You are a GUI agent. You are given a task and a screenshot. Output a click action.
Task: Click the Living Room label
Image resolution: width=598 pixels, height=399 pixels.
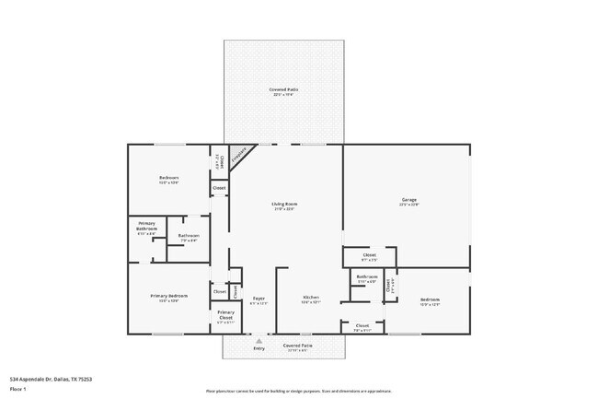(x=284, y=205)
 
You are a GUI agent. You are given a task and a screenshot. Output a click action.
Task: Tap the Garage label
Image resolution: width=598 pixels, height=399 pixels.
(x=409, y=200)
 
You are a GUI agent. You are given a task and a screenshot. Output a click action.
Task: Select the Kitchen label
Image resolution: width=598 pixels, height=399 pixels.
(x=311, y=297)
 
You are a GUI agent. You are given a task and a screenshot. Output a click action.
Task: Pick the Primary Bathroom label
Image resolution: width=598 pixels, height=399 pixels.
(x=147, y=226)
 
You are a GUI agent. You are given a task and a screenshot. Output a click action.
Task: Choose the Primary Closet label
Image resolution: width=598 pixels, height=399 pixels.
(x=225, y=314)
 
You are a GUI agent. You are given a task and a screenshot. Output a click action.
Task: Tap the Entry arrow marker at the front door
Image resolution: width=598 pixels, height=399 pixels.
(x=259, y=340)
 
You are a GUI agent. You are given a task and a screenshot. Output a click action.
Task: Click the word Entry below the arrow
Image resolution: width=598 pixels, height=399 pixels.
(x=259, y=347)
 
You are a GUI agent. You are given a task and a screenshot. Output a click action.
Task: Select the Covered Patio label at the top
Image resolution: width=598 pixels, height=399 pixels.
(x=283, y=89)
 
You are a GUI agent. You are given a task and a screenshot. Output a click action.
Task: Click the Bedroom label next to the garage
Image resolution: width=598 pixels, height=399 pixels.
(x=430, y=299)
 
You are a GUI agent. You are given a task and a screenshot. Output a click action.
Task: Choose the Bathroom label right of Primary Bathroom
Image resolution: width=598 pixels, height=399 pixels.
(x=189, y=236)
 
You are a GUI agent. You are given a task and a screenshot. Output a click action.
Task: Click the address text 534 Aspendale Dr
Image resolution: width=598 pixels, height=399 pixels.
(x=51, y=379)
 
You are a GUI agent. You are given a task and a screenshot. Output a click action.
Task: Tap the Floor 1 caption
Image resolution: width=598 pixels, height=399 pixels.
(x=17, y=390)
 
